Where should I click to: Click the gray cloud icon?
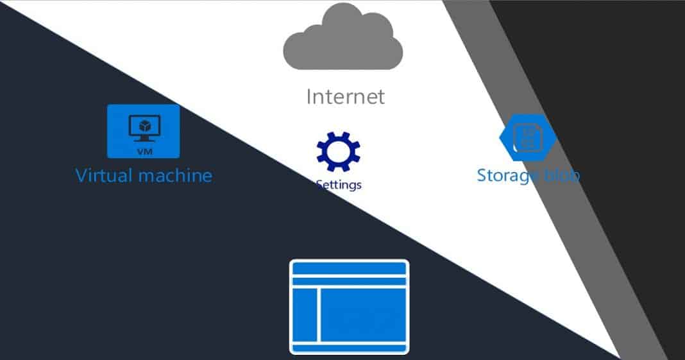pos(343,39)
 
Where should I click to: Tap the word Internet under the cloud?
pos(345,96)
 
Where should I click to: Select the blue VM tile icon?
pos(143,131)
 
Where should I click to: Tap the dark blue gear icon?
pos(338,151)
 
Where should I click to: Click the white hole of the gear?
pos(338,151)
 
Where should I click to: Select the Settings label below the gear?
pos(339,185)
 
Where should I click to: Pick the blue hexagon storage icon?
pos(527,137)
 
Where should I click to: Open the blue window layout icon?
pos(349,306)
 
